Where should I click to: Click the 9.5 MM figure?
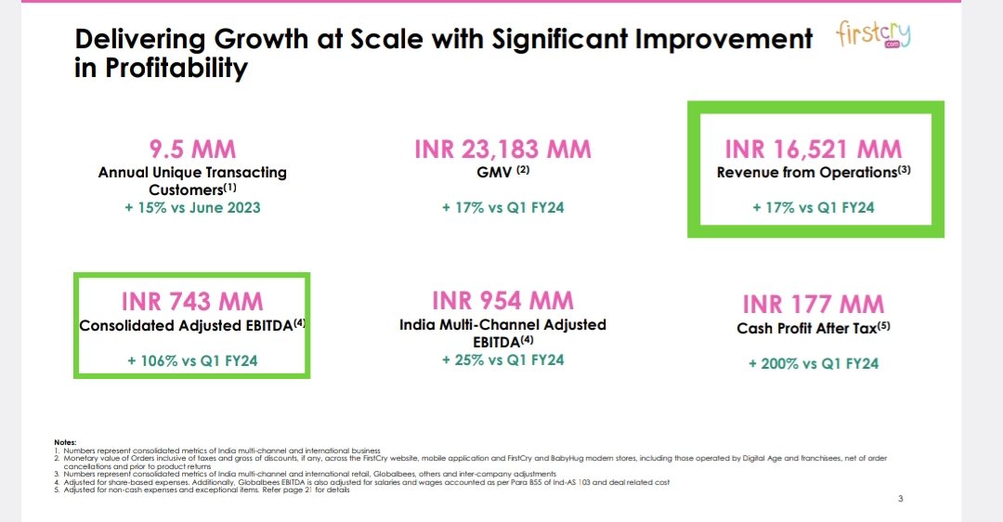(192, 149)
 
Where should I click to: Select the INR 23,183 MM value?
(502, 150)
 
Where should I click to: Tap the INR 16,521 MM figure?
(813, 150)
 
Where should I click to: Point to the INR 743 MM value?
(192, 301)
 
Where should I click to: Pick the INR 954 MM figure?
(502, 301)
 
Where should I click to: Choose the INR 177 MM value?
(813, 304)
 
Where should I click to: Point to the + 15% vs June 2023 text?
(192, 207)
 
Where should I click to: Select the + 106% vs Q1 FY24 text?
(192, 360)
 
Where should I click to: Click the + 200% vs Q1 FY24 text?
(813, 363)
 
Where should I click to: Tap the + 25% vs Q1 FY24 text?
(502, 359)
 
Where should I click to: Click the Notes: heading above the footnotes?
(65, 441)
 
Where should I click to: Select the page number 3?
(900, 499)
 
